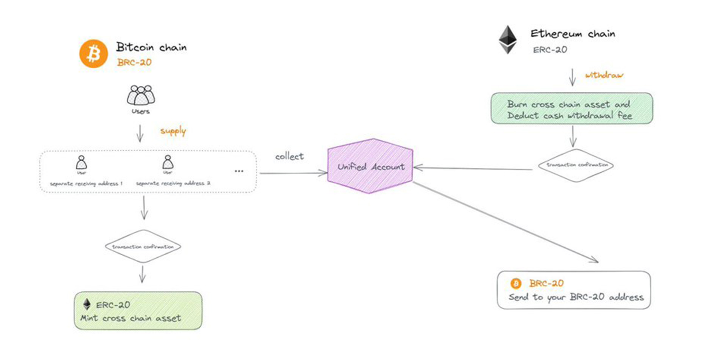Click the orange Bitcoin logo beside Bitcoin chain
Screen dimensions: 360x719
coord(93,54)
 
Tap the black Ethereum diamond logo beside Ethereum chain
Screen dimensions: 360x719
coord(508,40)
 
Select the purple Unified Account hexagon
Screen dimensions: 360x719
coord(370,166)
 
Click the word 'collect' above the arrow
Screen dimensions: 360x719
coord(289,156)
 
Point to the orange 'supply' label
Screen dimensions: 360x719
coord(173,131)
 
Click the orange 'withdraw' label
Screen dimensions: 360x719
coord(604,75)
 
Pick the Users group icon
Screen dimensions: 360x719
coord(141,95)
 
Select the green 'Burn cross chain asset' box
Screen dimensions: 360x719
coord(572,109)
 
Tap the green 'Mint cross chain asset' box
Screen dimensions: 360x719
coord(138,311)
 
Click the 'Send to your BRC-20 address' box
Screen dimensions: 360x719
coord(574,290)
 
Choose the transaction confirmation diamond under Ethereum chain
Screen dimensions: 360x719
coord(576,165)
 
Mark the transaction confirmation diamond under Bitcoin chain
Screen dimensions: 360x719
coord(143,247)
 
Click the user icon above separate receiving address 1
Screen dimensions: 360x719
coord(81,163)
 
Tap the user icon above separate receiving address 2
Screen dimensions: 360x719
coord(168,162)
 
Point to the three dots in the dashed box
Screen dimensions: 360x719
coord(239,171)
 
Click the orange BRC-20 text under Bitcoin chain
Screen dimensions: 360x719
coord(134,62)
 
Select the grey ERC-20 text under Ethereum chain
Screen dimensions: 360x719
coord(550,50)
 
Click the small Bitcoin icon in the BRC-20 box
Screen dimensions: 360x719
coord(516,284)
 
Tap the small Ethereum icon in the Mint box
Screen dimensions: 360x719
coord(87,304)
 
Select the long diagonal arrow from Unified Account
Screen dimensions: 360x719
coord(505,222)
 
